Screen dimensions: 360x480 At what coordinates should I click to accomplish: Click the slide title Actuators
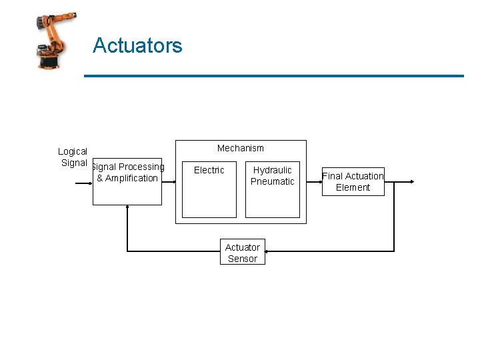coord(137,45)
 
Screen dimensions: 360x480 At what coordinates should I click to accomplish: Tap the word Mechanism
coord(240,148)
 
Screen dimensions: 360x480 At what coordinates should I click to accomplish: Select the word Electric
coord(209,170)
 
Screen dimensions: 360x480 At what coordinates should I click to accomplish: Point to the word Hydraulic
coord(272,170)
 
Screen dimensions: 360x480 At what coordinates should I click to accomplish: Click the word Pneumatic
coord(272,181)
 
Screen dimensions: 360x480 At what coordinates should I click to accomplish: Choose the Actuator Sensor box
coord(243,252)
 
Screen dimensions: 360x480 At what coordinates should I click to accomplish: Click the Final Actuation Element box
coord(353,181)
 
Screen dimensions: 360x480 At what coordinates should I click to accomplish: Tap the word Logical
coord(72,151)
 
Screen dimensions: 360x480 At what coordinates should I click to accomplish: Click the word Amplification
coord(131,178)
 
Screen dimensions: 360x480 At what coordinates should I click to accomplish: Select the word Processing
coord(141,167)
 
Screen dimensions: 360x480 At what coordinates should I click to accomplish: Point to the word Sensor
coord(242,259)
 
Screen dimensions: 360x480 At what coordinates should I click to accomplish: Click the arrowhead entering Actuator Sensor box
coord(267,251)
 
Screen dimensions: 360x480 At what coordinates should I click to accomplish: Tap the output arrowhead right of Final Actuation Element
coord(413,181)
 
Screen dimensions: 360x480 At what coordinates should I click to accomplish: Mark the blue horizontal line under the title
coord(273,76)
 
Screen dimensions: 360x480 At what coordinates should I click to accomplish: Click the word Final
coord(332,176)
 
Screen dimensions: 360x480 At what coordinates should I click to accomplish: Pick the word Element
coord(353,187)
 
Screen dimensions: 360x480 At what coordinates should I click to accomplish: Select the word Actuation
coord(363,176)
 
